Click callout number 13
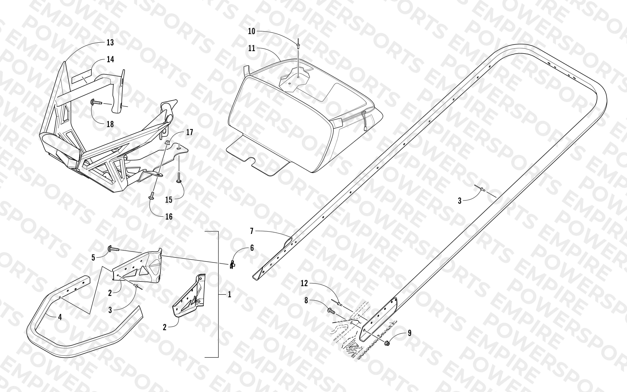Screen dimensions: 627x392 110,42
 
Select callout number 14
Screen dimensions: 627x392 110,59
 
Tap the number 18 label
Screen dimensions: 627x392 110,124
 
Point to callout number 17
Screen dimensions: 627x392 190,132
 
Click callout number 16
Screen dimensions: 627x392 169,217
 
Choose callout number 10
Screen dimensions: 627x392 252,31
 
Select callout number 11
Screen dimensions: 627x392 252,48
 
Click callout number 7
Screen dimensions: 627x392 252,231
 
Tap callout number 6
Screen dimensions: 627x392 252,248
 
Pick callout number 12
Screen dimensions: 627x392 304,283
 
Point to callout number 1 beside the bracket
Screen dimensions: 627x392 229,295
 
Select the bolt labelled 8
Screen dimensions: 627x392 331,311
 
